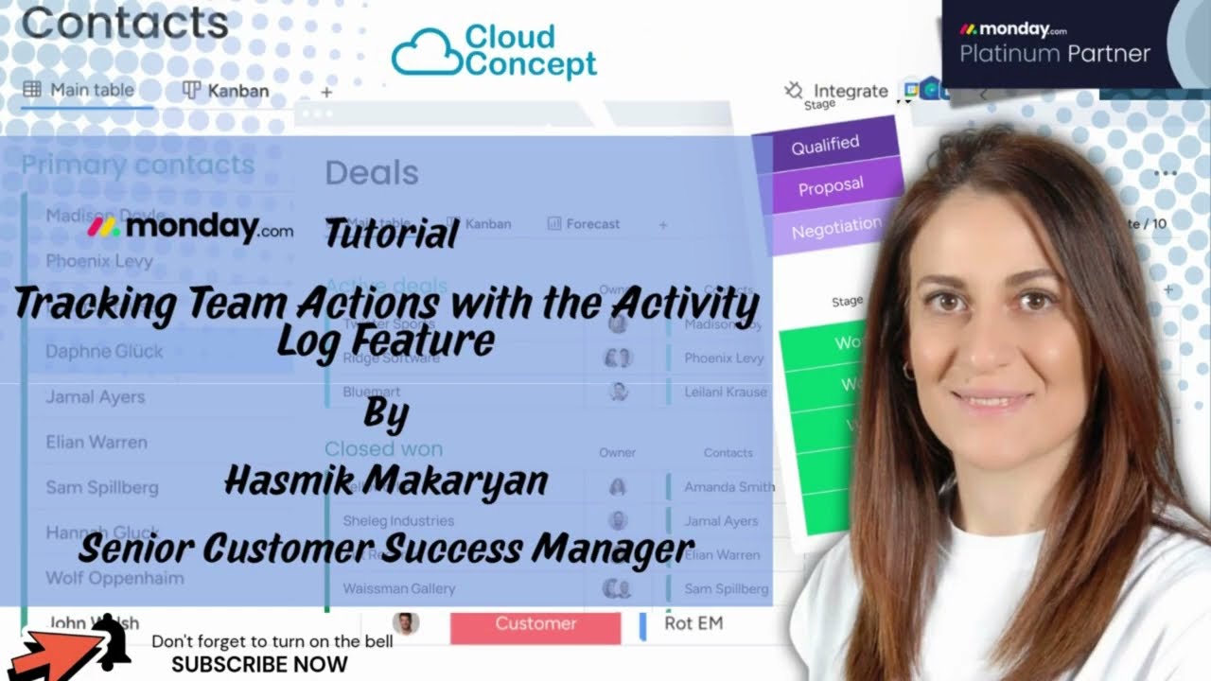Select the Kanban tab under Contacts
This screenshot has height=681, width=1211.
[x=226, y=91]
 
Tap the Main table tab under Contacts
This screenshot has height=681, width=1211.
[x=80, y=90]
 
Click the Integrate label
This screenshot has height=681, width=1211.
[x=850, y=91]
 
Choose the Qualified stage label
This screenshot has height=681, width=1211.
[x=825, y=145]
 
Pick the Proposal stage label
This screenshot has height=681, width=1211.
[x=831, y=186]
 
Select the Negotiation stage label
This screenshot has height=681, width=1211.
[x=835, y=228]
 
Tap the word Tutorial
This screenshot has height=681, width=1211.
[x=391, y=233]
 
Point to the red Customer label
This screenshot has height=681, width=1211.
[x=535, y=623]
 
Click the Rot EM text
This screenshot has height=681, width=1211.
[x=693, y=623]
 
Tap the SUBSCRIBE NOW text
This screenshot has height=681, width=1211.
[x=259, y=664]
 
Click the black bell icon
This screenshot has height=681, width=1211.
[x=112, y=641]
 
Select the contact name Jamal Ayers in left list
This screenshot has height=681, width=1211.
[x=96, y=396]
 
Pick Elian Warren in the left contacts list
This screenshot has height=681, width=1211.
[x=97, y=442]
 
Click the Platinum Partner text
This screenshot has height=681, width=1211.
[x=1055, y=54]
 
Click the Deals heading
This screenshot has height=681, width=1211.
[x=371, y=173]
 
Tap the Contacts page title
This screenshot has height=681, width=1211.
[x=125, y=24]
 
